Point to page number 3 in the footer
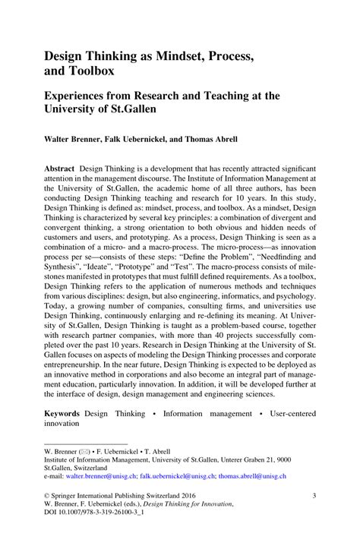coord(314,495)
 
